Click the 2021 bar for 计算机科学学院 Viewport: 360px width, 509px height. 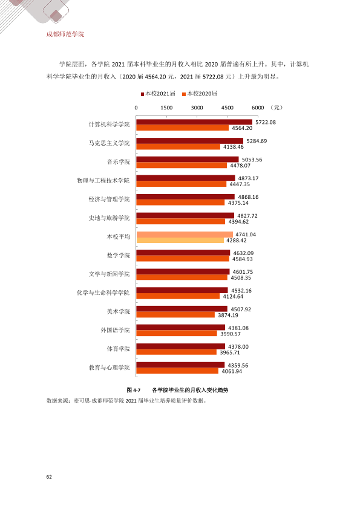coord(194,122)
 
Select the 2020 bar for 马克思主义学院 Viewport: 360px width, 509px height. coord(178,147)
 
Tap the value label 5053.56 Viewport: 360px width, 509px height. coord(252,160)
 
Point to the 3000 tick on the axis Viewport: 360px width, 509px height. coord(197,108)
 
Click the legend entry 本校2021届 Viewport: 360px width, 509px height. coord(158,94)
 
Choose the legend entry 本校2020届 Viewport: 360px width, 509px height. coord(200,94)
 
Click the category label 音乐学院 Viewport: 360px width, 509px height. coord(118,162)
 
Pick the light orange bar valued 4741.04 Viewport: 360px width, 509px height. coord(185,235)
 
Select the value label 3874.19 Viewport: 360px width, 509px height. coord(227,315)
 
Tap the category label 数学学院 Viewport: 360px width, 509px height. coord(118,256)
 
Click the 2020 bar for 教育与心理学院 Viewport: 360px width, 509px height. coord(177,371)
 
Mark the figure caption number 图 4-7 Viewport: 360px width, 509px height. coord(134,390)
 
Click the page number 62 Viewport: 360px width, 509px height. coord(49,477)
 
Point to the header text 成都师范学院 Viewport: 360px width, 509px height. coord(65,34)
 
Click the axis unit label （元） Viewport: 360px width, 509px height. coord(277,108)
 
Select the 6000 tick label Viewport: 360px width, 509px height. coord(258,108)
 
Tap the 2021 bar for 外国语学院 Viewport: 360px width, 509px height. coord(181,328)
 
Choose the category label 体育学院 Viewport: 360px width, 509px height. coord(118,349)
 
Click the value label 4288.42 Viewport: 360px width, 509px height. coord(236,241)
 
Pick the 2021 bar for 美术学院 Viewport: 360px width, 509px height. coord(182,309)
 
